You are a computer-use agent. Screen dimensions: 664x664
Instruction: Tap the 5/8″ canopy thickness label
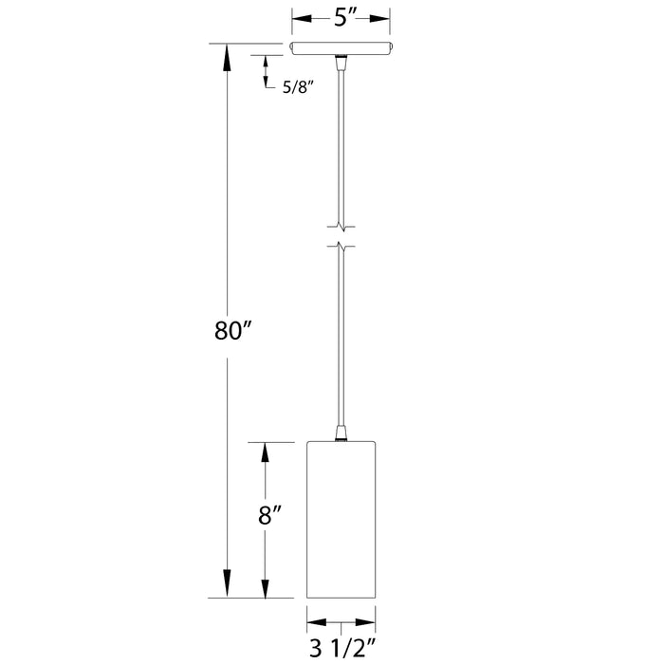pos(298,87)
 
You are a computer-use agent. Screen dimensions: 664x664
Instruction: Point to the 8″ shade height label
pos(271,518)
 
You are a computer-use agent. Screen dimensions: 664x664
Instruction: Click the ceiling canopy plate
pos(341,49)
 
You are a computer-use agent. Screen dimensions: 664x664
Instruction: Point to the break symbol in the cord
pos(341,236)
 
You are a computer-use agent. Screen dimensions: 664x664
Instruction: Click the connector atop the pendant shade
pos(341,434)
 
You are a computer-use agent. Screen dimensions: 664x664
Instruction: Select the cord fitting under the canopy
pos(341,64)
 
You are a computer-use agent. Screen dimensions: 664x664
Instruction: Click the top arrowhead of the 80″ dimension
pos(226,57)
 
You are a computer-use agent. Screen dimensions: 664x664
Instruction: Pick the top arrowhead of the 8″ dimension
pos(267,454)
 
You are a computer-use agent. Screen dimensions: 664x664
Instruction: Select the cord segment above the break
pos(341,142)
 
